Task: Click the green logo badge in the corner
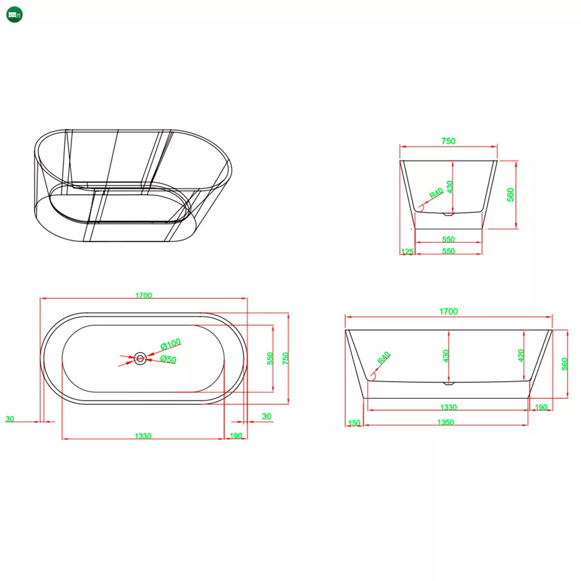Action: (x=15, y=15)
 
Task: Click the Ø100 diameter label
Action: (x=170, y=344)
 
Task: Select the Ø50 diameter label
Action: (x=168, y=359)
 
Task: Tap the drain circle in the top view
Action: (x=140, y=358)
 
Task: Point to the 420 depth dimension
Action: (x=521, y=356)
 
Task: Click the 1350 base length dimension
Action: (x=446, y=422)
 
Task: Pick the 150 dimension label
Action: (x=354, y=423)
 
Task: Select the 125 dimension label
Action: (x=407, y=252)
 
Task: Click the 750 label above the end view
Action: (x=449, y=141)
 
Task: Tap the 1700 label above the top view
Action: (x=144, y=295)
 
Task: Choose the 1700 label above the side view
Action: (x=449, y=311)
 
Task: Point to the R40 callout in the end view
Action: (x=436, y=193)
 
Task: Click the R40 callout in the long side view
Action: (x=383, y=357)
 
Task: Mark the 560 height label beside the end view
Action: (x=511, y=195)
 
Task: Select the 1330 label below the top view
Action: (x=143, y=436)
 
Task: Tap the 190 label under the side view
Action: (x=541, y=407)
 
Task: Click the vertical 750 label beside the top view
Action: (x=285, y=358)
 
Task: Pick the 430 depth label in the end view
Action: (x=450, y=187)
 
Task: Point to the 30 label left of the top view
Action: (x=10, y=419)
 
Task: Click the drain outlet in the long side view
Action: (x=449, y=383)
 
